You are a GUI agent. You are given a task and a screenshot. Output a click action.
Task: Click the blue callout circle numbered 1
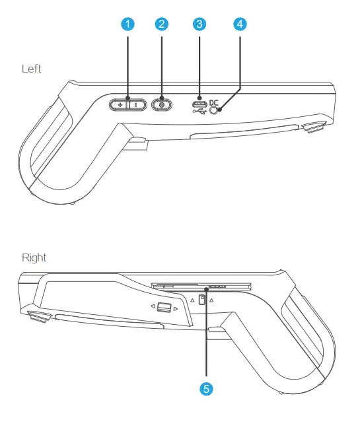pos(127,24)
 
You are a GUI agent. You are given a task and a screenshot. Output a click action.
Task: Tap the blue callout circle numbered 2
pos(162,24)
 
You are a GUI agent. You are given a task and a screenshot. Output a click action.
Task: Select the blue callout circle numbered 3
pos(199,24)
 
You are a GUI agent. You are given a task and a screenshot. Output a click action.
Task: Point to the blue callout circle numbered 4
pos(240,24)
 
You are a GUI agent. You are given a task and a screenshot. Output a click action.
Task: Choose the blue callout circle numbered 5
pos(206,389)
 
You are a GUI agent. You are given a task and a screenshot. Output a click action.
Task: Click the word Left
pos(32,69)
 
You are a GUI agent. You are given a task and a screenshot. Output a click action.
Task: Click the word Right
pos(34,258)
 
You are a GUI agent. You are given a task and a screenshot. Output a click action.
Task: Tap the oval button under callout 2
pos(162,105)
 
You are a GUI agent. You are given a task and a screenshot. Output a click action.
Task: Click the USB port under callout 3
pos(199,104)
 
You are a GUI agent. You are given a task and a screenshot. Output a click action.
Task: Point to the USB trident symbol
pos(199,112)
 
